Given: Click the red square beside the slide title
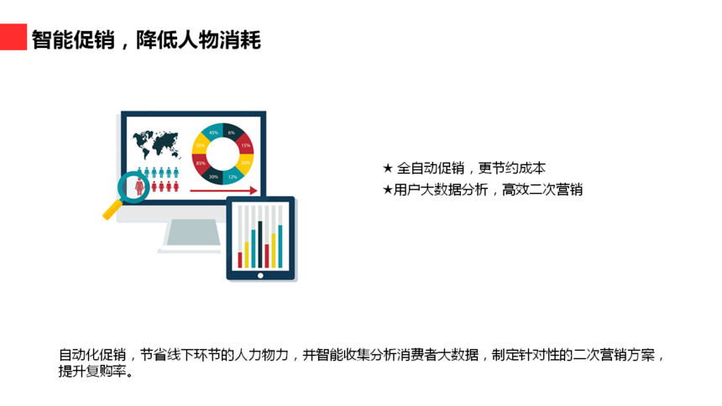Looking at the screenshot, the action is [x=13, y=37].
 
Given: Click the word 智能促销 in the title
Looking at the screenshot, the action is [x=73, y=39].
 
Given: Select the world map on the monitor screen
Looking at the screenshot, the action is [x=155, y=143].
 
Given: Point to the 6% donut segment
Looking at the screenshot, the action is [x=233, y=132].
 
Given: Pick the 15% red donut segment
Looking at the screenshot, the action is [x=245, y=144].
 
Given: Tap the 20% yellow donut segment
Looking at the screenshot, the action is [x=245, y=164].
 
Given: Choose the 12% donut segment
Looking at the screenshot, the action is [x=233, y=176].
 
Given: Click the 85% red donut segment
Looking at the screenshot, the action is [x=201, y=164].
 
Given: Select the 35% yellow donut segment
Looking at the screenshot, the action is [x=201, y=144].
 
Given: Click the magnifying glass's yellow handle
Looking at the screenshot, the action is [x=112, y=210].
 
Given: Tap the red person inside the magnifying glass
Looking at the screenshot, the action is [x=139, y=186].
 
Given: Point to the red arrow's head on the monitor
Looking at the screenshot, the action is [x=254, y=190].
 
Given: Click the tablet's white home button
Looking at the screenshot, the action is [x=260, y=276].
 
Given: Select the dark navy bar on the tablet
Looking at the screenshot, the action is [x=260, y=244].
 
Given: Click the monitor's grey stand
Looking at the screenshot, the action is [x=192, y=233].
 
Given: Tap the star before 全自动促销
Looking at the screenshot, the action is [x=388, y=169].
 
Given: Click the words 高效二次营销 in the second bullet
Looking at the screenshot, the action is [x=542, y=190].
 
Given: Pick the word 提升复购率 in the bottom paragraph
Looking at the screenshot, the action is [x=92, y=371].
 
